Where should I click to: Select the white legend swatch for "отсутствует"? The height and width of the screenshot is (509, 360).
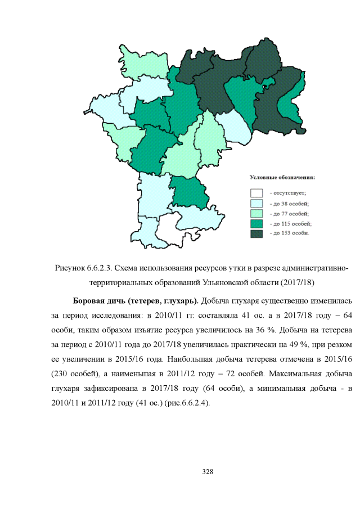256,192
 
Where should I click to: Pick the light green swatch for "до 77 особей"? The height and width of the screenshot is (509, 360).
256,213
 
